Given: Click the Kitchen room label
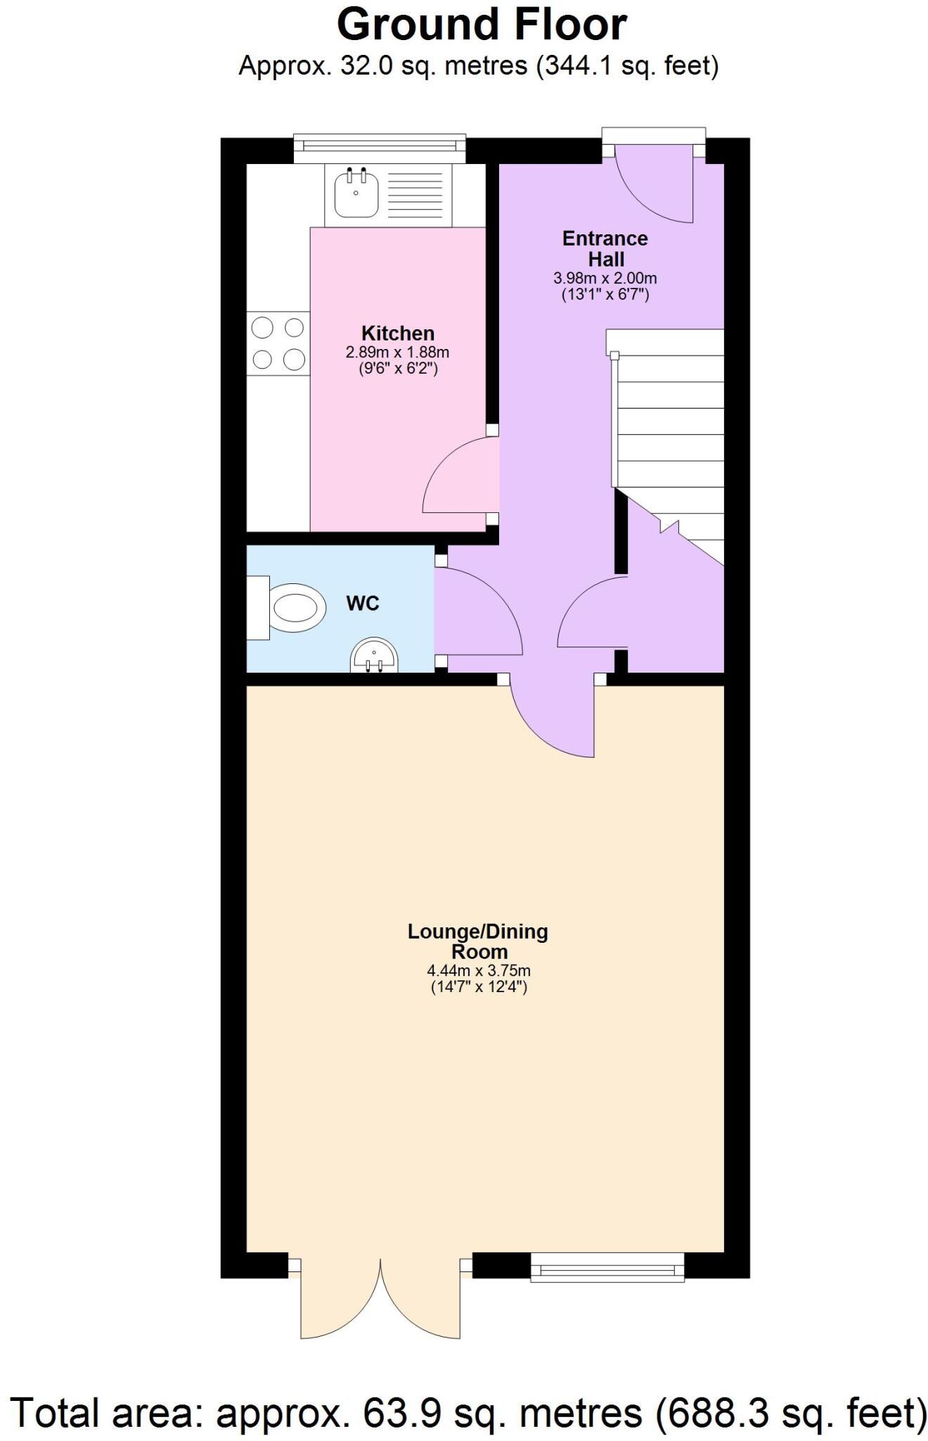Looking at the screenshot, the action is click(x=398, y=333).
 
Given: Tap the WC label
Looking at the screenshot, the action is click(x=363, y=603).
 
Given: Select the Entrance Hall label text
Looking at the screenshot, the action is click(x=605, y=248).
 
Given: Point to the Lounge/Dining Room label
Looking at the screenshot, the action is click(x=478, y=941).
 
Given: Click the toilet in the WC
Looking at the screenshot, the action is click(x=288, y=608).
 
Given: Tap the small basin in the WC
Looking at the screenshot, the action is click(x=374, y=655).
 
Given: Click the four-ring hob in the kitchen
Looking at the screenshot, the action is click(x=278, y=343).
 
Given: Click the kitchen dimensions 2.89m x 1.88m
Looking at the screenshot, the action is click(x=397, y=352).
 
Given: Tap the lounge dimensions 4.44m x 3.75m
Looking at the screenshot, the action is click(x=479, y=971).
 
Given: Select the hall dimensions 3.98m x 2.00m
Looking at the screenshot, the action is click(x=605, y=279).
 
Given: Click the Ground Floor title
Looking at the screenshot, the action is click(x=482, y=25).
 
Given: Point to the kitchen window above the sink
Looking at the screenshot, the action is click(x=380, y=144).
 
